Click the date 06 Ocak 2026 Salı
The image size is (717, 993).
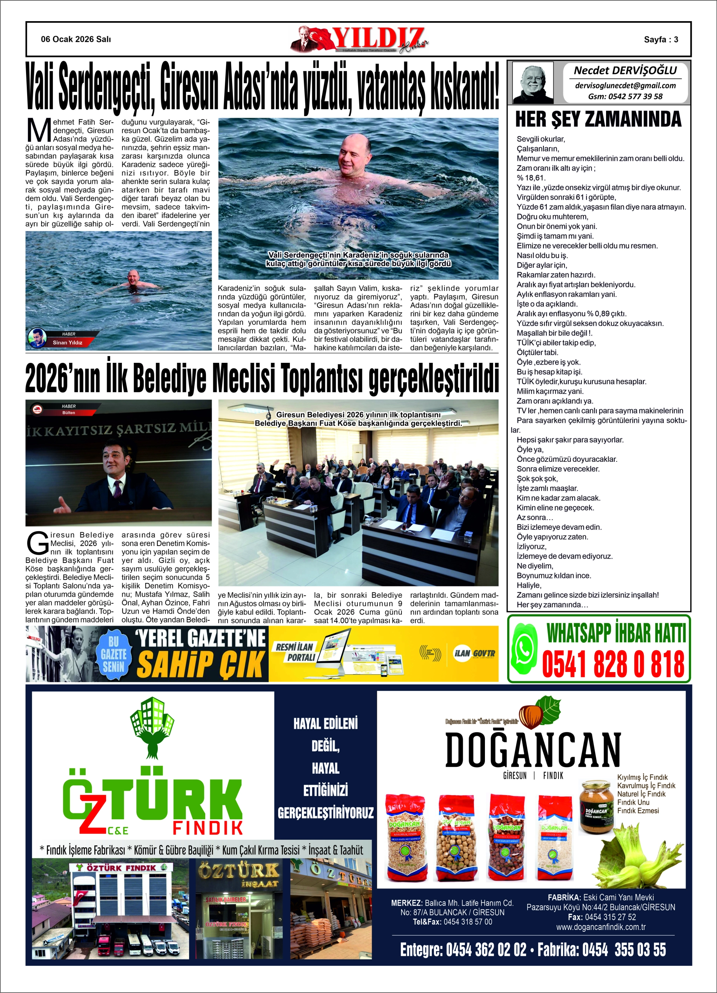point(76,39)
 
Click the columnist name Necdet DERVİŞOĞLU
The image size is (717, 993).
point(625,71)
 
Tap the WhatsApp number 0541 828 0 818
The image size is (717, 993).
point(613,664)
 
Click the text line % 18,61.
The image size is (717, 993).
point(531,178)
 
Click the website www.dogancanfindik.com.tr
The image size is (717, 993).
point(600,927)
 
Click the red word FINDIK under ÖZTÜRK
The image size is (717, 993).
point(208,828)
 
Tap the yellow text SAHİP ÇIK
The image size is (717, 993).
point(201,664)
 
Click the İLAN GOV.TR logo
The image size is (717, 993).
point(474,653)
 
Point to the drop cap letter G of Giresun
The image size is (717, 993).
point(37,543)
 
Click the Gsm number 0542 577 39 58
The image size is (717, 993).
point(625,96)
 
